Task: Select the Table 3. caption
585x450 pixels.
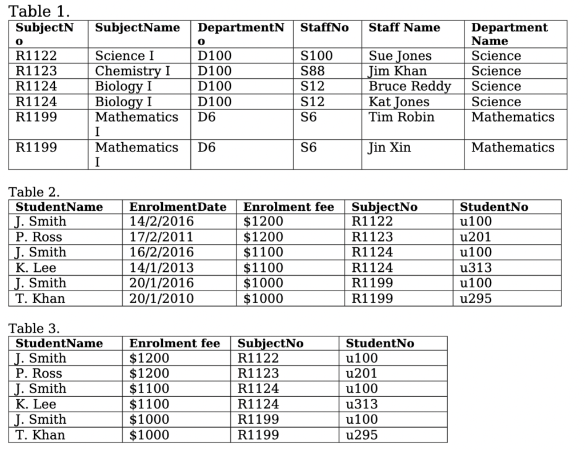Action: [x=34, y=328]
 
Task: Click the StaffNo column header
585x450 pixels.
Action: [x=324, y=27]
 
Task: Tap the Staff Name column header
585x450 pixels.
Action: [x=404, y=27]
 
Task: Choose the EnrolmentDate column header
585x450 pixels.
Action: [x=178, y=207]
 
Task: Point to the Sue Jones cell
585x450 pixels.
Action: [x=400, y=56]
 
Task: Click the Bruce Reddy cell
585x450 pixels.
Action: [x=409, y=86]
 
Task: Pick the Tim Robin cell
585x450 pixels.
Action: [x=401, y=117]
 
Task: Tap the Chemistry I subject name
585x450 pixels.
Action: [x=132, y=71]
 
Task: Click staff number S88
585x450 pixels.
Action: [x=312, y=71]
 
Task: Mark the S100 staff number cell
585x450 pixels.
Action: [x=316, y=56]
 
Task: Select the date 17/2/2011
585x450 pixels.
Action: [x=161, y=237]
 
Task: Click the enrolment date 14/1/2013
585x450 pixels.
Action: [x=161, y=268]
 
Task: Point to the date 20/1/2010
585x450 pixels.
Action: [x=161, y=299]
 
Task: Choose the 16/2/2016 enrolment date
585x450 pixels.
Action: [x=161, y=252]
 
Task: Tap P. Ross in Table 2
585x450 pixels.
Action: [x=39, y=237]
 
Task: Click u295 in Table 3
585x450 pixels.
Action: [x=362, y=435]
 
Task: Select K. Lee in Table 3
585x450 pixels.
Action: [x=35, y=404]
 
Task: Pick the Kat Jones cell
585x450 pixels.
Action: [x=399, y=102]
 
